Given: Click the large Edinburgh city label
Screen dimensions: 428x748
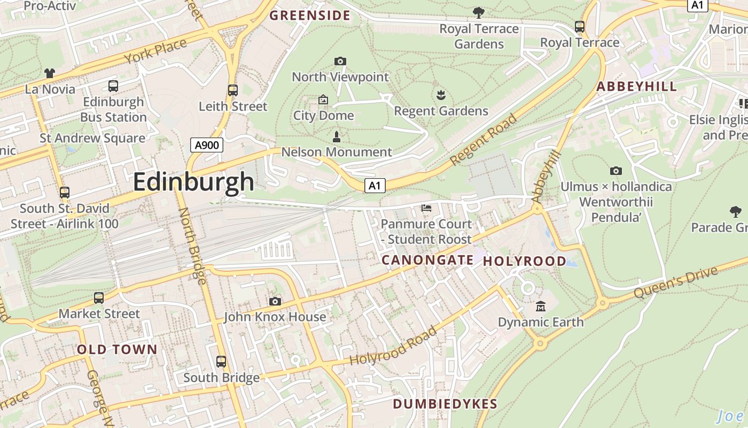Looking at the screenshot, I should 193,182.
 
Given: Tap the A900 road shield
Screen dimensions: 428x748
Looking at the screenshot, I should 206,144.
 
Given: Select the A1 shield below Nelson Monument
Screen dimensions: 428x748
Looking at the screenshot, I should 375,186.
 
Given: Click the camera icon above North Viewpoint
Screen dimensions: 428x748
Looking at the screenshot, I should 340,62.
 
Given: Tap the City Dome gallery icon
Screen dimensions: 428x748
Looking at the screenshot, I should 323,100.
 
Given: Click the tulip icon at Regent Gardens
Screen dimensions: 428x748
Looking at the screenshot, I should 441,96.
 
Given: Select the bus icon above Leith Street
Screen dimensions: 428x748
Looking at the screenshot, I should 232,90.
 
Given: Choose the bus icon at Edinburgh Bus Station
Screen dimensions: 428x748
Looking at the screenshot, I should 113,86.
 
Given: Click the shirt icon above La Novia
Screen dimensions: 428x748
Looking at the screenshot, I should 50,73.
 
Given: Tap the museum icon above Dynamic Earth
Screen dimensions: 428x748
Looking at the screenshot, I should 541,307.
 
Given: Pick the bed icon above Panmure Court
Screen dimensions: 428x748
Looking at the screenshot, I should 426,208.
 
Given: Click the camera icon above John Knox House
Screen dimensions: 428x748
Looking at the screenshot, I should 275,302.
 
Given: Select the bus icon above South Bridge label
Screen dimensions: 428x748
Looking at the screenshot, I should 221,362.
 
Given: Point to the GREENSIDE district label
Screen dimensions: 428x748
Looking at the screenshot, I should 310,16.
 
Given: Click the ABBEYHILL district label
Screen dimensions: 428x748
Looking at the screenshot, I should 636,87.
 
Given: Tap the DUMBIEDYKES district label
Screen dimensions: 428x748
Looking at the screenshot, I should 445,404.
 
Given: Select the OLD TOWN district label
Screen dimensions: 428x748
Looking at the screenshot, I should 117,350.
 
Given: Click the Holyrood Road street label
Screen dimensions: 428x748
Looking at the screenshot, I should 393,346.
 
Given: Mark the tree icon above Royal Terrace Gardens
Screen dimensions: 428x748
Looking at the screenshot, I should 479,12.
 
